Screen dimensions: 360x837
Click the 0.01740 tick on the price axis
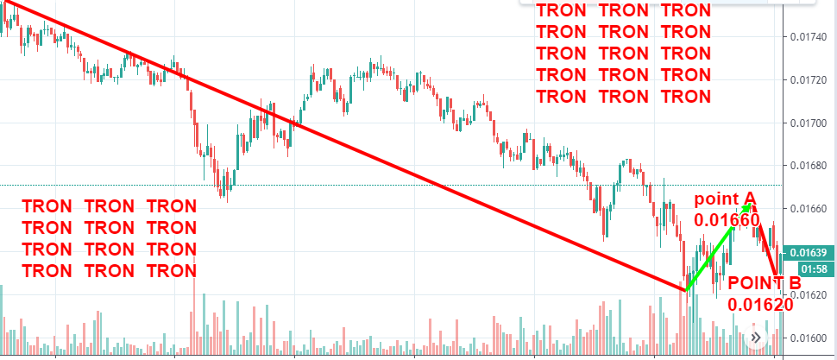(x=809, y=37)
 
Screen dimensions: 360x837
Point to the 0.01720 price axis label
(x=809, y=80)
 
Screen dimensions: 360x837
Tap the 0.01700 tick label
(x=809, y=123)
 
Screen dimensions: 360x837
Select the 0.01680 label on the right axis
(x=809, y=167)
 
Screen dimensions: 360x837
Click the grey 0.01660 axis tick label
(x=809, y=210)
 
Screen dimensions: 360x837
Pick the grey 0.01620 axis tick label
(x=809, y=295)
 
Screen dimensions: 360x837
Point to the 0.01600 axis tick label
(x=809, y=338)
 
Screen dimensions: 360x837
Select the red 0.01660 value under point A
(x=727, y=221)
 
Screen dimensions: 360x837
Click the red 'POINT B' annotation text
(x=765, y=282)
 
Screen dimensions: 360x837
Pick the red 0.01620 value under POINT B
(x=760, y=304)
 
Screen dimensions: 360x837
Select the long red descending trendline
(x=345, y=149)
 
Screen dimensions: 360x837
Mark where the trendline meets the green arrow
(x=685, y=290)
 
